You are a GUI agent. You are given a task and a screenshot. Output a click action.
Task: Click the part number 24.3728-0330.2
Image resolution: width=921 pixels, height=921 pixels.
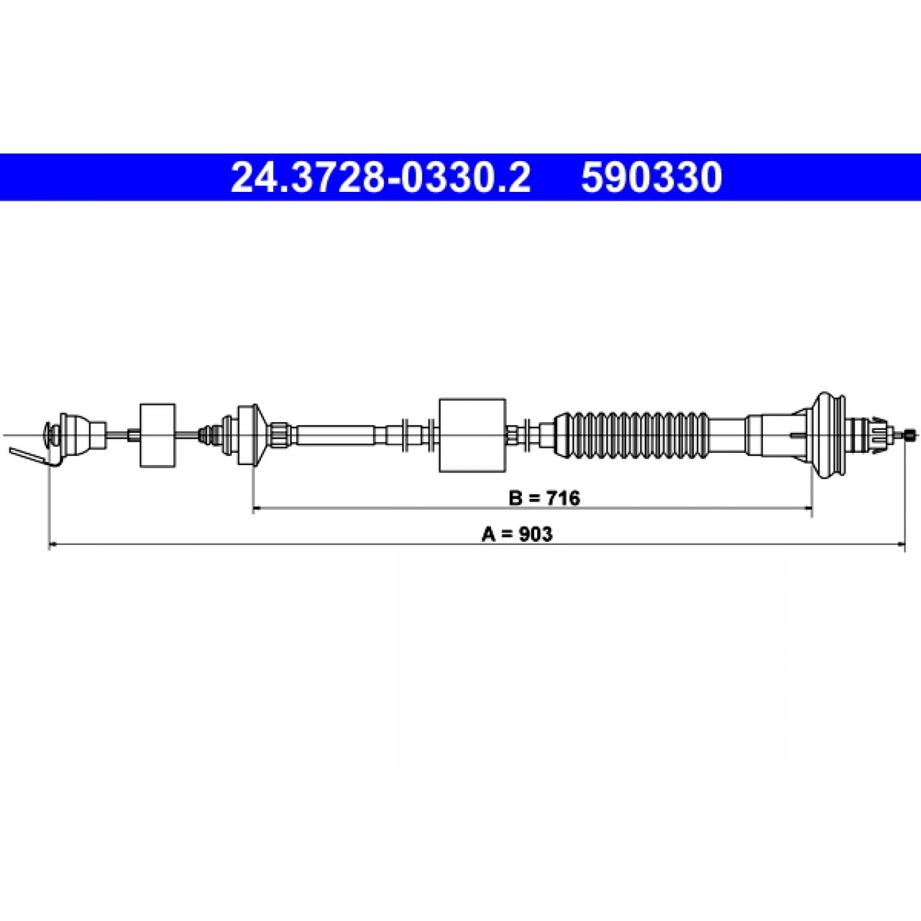[x=381, y=177]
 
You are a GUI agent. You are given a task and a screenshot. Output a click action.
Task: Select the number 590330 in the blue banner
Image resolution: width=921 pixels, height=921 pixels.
[x=652, y=177]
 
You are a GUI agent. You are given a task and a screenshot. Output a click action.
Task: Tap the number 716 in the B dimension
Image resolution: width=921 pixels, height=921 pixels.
[x=563, y=498]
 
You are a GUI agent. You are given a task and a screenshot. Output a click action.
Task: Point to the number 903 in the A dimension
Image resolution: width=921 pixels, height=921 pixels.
[x=535, y=534]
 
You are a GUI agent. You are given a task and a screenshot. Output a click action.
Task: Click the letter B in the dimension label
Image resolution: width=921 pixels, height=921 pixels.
[x=516, y=498]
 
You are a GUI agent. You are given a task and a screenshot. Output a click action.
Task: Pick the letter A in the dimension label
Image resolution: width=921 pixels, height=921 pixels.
[x=489, y=534]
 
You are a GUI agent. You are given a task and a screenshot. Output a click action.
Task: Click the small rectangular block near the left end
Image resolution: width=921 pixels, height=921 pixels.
[x=158, y=435]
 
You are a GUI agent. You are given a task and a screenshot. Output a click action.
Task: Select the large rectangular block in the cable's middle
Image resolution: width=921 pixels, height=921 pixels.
[x=472, y=436]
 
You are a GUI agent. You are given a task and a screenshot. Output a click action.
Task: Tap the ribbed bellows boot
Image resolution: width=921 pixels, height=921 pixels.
[x=631, y=436]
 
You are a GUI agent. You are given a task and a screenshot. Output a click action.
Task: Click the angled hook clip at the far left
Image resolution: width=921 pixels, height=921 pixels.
[x=33, y=457]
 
